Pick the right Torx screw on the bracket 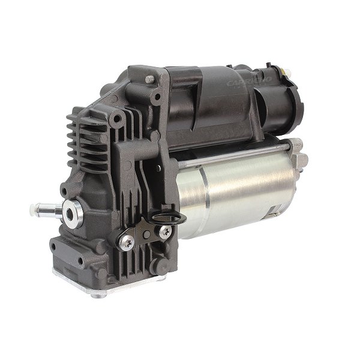(164, 230)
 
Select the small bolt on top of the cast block (149, 79)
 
